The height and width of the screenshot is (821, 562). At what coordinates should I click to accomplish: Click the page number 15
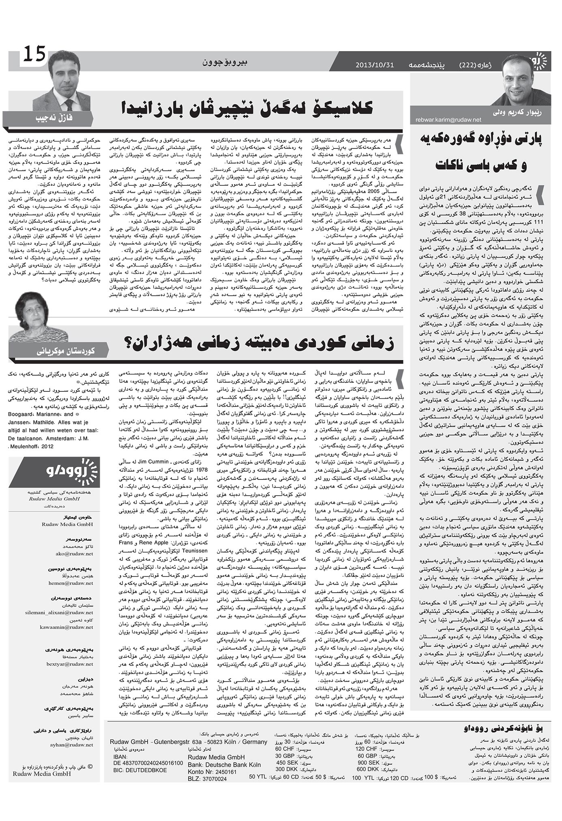[x=34, y=54]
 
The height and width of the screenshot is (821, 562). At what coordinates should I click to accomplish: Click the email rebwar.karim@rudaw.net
[x=448, y=120]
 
